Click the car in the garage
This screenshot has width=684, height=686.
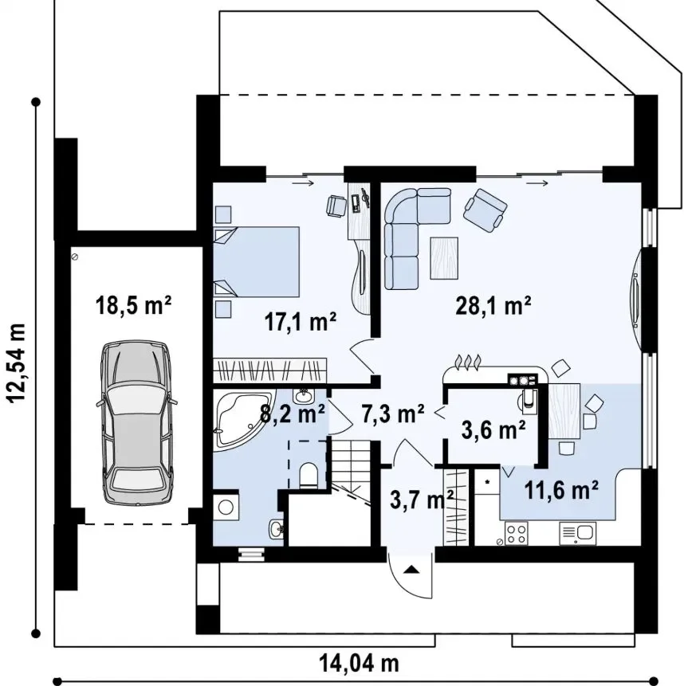[x=136, y=424]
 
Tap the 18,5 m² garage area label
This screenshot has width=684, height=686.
[x=133, y=305]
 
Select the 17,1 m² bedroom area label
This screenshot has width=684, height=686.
[x=301, y=322]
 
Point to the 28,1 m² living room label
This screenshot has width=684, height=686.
[x=493, y=305]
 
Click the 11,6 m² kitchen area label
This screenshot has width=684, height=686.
[x=560, y=490]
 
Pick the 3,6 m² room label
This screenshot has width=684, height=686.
[x=493, y=429]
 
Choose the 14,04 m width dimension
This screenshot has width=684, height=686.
[x=359, y=663]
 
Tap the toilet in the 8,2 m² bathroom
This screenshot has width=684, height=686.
[x=309, y=475]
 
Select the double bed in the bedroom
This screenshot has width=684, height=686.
[x=257, y=261]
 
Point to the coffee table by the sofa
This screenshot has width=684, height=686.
[x=444, y=257]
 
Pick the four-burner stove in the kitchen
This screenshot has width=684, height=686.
[x=517, y=533]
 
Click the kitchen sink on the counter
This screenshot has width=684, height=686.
[x=578, y=533]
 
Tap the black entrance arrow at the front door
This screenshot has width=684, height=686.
[x=411, y=569]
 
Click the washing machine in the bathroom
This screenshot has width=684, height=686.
[x=226, y=508]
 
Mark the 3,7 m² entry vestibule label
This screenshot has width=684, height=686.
[x=421, y=499]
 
